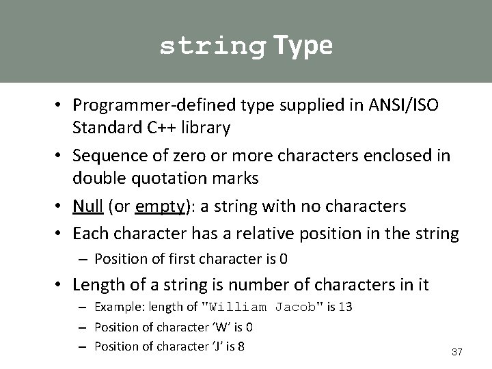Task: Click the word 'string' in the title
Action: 213,46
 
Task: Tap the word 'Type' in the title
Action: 303,45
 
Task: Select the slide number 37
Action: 457,352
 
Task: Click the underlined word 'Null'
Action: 88,206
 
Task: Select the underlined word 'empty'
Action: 159,206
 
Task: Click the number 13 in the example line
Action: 345,307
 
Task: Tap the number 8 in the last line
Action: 241,346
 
